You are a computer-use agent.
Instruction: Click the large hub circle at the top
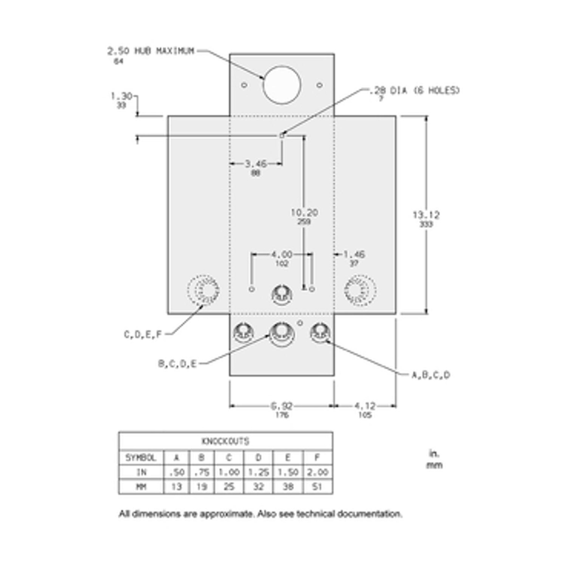pyautogui.click(x=282, y=85)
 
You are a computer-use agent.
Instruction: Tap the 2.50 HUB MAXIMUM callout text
pyautogui.click(x=151, y=51)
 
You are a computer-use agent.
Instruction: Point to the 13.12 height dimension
pyautogui.click(x=426, y=215)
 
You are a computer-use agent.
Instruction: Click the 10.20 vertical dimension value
pyautogui.click(x=304, y=213)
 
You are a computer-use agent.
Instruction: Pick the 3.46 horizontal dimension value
pyautogui.click(x=256, y=164)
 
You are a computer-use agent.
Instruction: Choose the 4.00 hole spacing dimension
pyautogui.click(x=282, y=255)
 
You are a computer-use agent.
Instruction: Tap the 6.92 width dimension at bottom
pyautogui.click(x=282, y=406)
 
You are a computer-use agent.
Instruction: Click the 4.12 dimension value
pyautogui.click(x=365, y=406)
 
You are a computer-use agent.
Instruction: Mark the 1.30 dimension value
pyautogui.click(x=121, y=96)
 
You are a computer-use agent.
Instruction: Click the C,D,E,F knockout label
pyautogui.click(x=143, y=335)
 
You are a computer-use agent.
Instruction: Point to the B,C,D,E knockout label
pyautogui.click(x=177, y=364)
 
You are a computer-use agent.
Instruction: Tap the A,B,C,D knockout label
pyautogui.click(x=431, y=375)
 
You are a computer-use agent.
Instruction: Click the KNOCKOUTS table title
pyautogui.click(x=225, y=441)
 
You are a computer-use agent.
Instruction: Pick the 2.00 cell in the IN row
pyautogui.click(x=317, y=472)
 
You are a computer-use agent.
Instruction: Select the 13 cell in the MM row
pyautogui.click(x=176, y=487)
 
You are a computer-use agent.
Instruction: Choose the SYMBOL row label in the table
pyautogui.click(x=141, y=458)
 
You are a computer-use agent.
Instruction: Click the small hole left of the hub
pyautogui.click(x=244, y=85)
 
